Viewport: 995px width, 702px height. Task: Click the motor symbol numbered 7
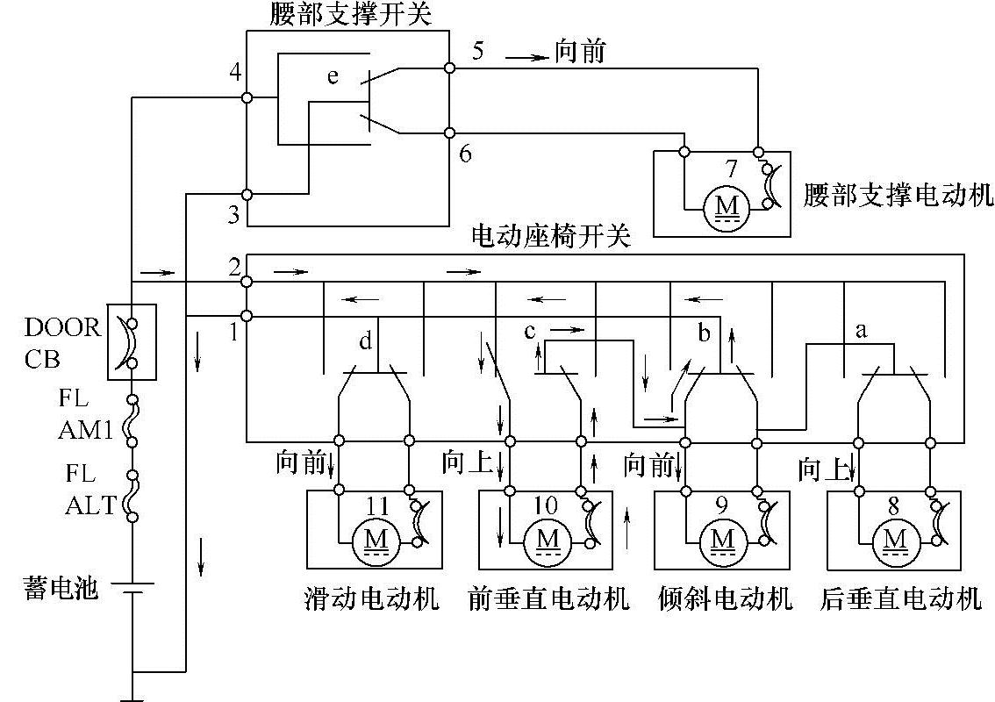(727, 205)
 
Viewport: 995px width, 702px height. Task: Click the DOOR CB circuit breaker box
(132, 342)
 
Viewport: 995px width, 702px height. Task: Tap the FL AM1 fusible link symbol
(132, 421)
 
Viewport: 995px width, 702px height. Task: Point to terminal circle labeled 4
(247, 97)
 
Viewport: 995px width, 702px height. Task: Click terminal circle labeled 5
(449, 67)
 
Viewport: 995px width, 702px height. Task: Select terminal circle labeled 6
(449, 133)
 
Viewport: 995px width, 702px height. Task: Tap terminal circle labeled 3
(247, 194)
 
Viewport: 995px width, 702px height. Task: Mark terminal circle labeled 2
(247, 281)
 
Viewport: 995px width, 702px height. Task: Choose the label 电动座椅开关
(551, 238)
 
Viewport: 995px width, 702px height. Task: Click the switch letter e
(333, 77)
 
